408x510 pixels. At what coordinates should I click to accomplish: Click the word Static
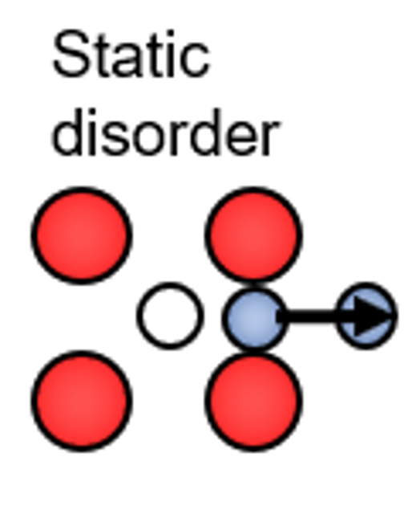(131, 54)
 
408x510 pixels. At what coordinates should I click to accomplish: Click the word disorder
(165, 132)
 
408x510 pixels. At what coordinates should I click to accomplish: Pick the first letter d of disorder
(69, 132)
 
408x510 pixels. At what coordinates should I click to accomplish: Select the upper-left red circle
(82, 235)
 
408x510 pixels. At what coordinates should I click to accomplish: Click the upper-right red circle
(253, 235)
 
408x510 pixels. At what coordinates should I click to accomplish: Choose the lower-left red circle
(82, 401)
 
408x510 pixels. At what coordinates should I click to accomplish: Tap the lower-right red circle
(253, 402)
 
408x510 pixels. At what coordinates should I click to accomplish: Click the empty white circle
(170, 316)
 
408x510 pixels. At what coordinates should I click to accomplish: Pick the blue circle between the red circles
(254, 318)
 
